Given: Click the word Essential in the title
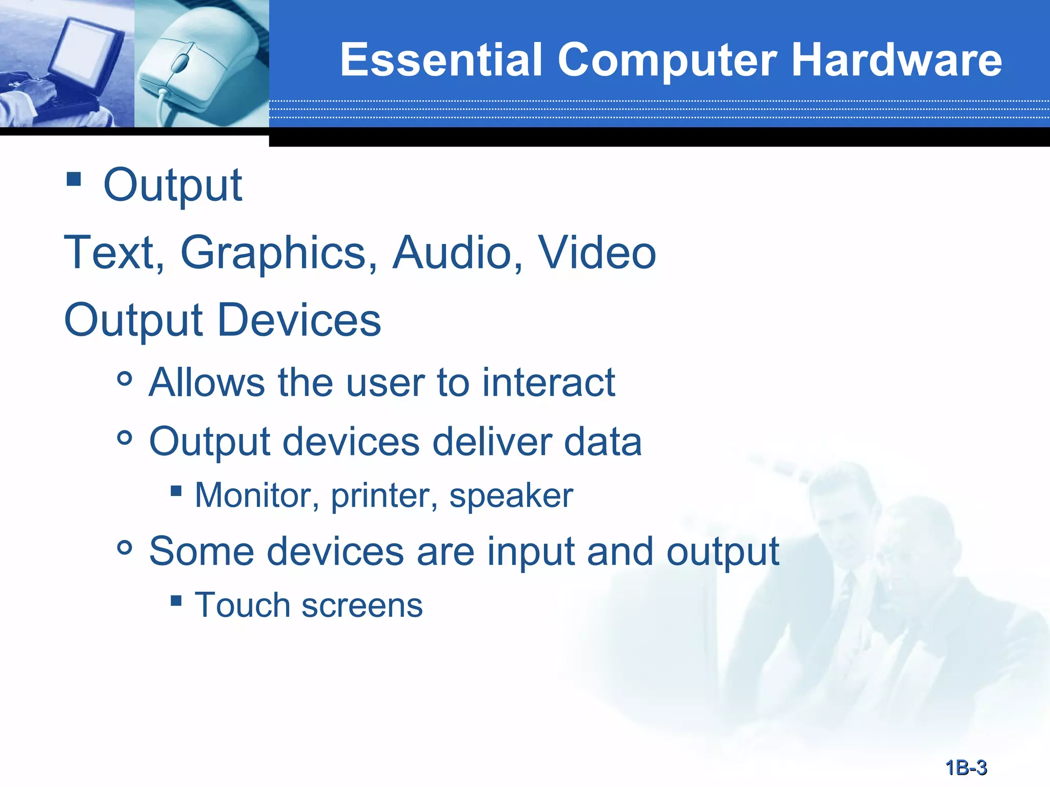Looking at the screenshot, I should click(441, 60).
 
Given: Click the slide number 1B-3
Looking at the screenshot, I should click(966, 768).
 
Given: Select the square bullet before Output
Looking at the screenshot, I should click(74, 179).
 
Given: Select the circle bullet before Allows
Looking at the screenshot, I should click(125, 380).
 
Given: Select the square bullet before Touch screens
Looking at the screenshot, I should click(176, 600).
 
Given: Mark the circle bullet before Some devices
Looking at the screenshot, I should click(125, 548).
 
